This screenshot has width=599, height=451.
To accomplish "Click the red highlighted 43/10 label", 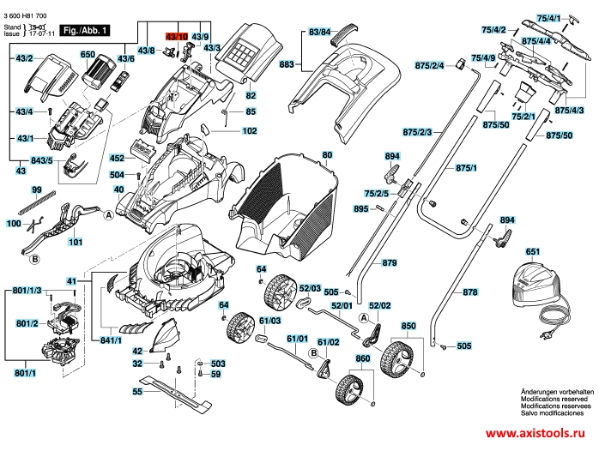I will (175, 35).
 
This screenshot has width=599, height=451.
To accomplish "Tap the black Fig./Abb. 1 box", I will (90, 30).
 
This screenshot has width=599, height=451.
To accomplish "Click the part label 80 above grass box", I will (326, 154).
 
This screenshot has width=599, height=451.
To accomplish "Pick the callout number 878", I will (469, 293).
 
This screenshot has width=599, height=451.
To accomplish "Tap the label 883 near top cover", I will (287, 64).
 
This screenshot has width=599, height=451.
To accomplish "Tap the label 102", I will (250, 131).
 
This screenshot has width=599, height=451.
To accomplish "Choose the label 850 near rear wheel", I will (408, 326).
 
